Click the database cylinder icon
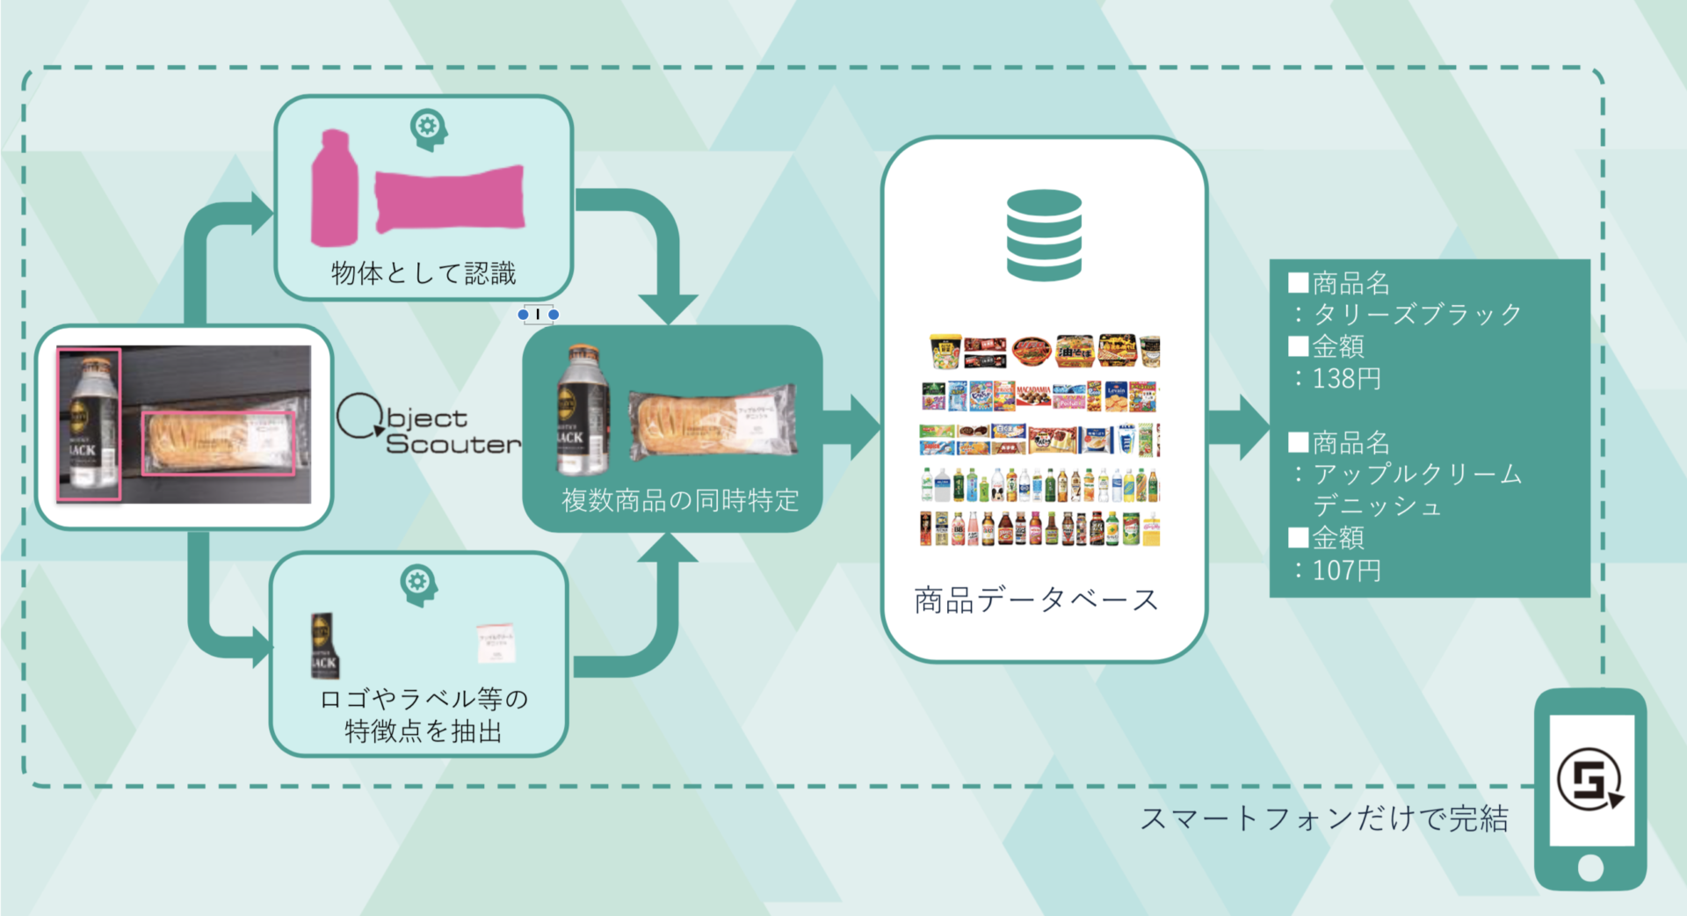click(x=1044, y=235)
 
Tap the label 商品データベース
click(x=1037, y=600)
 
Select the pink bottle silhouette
click(x=335, y=188)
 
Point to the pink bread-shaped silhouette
click(x=450, y=199)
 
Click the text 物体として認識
click(x=424, y=273)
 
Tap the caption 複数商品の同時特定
click(x=680, y=500)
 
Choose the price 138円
click(x=1346, y=379)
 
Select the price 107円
click(x=1346, y=571)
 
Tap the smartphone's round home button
click(x=1590, y=868)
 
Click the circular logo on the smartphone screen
click(x=1590, y=779)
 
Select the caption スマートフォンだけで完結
click(x=1324, y=818)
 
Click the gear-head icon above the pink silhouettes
click(x=429, y=128)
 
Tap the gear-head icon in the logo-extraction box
click(x=418, y=584)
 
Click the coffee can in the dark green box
click(x=583, y=410)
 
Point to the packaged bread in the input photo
click(x=219, y=443)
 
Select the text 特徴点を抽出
click(x=424, y=731)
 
